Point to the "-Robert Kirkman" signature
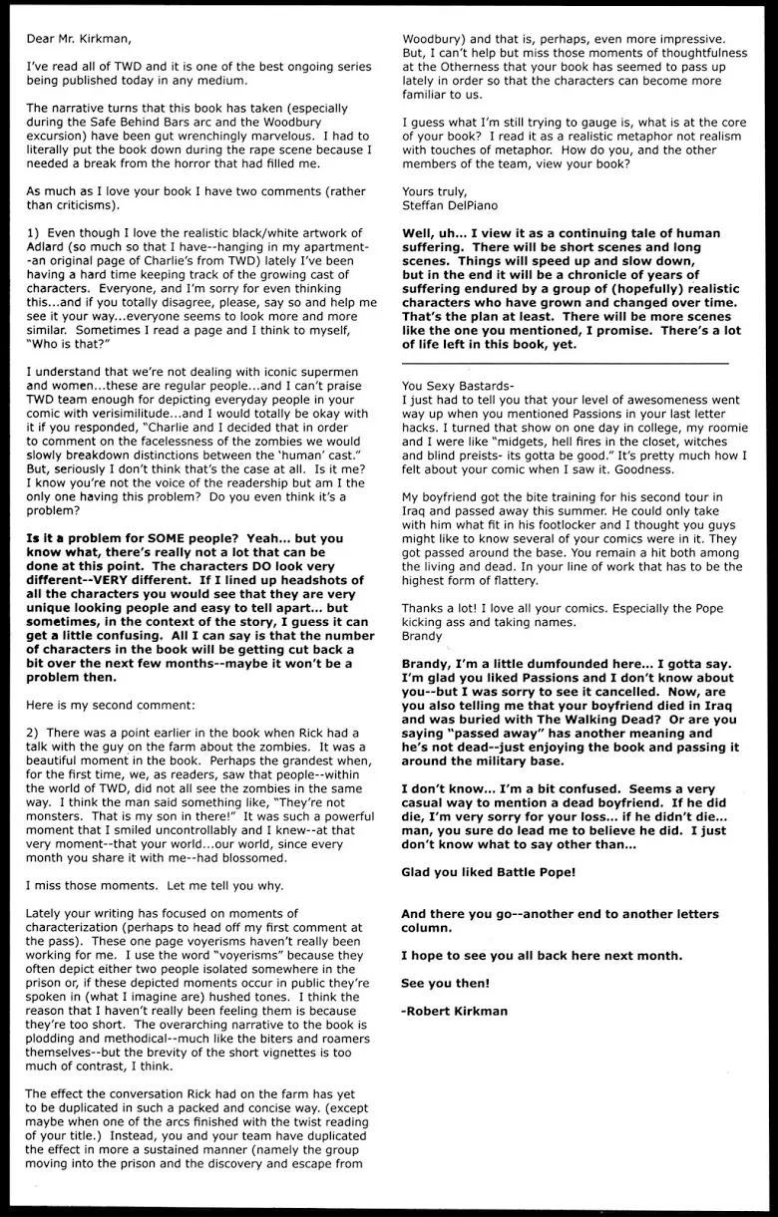[x=454, y=1010]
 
